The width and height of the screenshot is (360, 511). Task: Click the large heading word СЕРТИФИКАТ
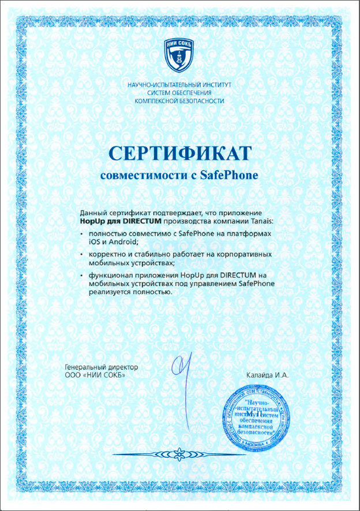click(x=180, y=153)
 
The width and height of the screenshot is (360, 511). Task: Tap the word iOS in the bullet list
click(x=93, y=242)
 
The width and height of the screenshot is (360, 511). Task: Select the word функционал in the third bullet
click(x=110, y=277)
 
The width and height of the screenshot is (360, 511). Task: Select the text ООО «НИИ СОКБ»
click(x=94, y=375)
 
